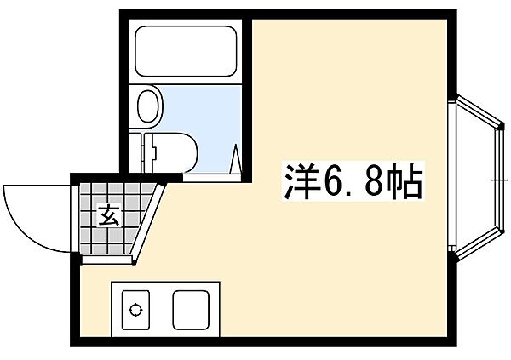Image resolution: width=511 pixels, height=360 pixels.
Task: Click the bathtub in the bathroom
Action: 186,53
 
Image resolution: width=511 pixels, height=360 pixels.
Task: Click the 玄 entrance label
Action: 112,214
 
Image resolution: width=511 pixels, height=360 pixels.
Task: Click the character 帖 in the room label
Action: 403,182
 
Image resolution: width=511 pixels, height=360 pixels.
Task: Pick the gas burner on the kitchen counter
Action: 135,309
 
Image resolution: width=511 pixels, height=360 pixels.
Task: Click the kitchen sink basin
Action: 193,308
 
